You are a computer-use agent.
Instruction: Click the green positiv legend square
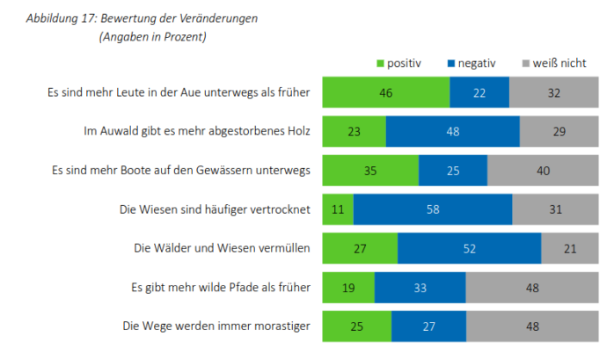coord(381,63)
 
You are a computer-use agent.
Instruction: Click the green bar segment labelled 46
coord(385,91)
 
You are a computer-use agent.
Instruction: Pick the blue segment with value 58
coord(433,209)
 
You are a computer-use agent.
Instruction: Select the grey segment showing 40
coord(545,170)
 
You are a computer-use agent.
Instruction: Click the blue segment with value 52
coord(469,248)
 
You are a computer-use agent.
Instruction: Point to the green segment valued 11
coord(338,209)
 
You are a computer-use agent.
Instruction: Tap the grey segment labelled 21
coord(570,248)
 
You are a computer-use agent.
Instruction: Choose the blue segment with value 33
coord(420,288)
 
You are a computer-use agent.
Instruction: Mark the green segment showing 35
coord(370,170)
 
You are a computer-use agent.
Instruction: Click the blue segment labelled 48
coord(452,130)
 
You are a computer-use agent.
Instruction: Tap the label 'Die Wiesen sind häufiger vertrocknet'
coord(216,209)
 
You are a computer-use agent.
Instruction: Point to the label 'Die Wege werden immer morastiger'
coord(216,327)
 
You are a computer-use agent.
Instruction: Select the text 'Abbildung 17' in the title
coord(60,18)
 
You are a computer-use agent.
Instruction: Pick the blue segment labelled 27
coord(428,327)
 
